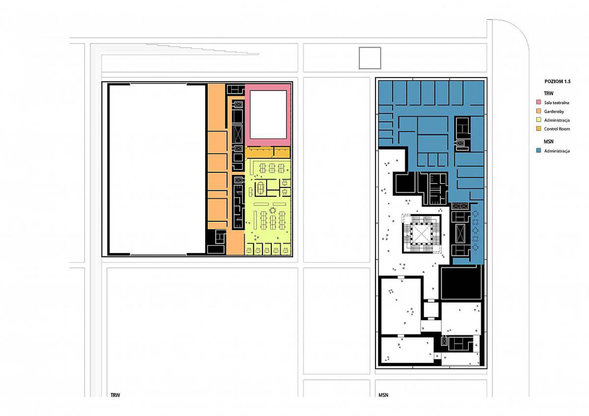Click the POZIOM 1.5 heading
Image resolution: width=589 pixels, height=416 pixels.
click(558, 81)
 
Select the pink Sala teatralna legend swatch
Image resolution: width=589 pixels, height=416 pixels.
click(538, 102)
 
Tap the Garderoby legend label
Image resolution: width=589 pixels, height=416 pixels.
click(554, 111)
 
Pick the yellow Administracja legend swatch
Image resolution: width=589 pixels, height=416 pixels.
click(538, 120)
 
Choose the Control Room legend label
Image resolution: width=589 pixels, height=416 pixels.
click(557, 129)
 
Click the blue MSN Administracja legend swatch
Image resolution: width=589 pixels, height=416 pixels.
click(538, 151)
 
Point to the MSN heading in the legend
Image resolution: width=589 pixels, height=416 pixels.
click(549, 142)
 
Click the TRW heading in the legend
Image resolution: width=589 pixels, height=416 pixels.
click(549, 93)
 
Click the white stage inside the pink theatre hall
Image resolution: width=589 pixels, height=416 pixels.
click(268, 115)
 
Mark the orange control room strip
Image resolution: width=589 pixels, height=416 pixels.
click(268, 153)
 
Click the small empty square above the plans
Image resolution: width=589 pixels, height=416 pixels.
click(370, 58)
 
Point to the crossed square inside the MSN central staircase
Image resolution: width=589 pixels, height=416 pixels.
click(422, 234)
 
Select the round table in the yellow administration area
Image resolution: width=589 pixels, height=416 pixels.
click(273, 210)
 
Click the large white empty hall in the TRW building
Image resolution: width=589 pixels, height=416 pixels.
click(157, 169)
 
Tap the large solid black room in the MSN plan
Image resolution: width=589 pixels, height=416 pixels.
click(461, 283)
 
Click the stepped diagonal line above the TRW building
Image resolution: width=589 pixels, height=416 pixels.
click(202, 49)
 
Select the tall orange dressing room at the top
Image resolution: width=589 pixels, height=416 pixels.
click(216, 107)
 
